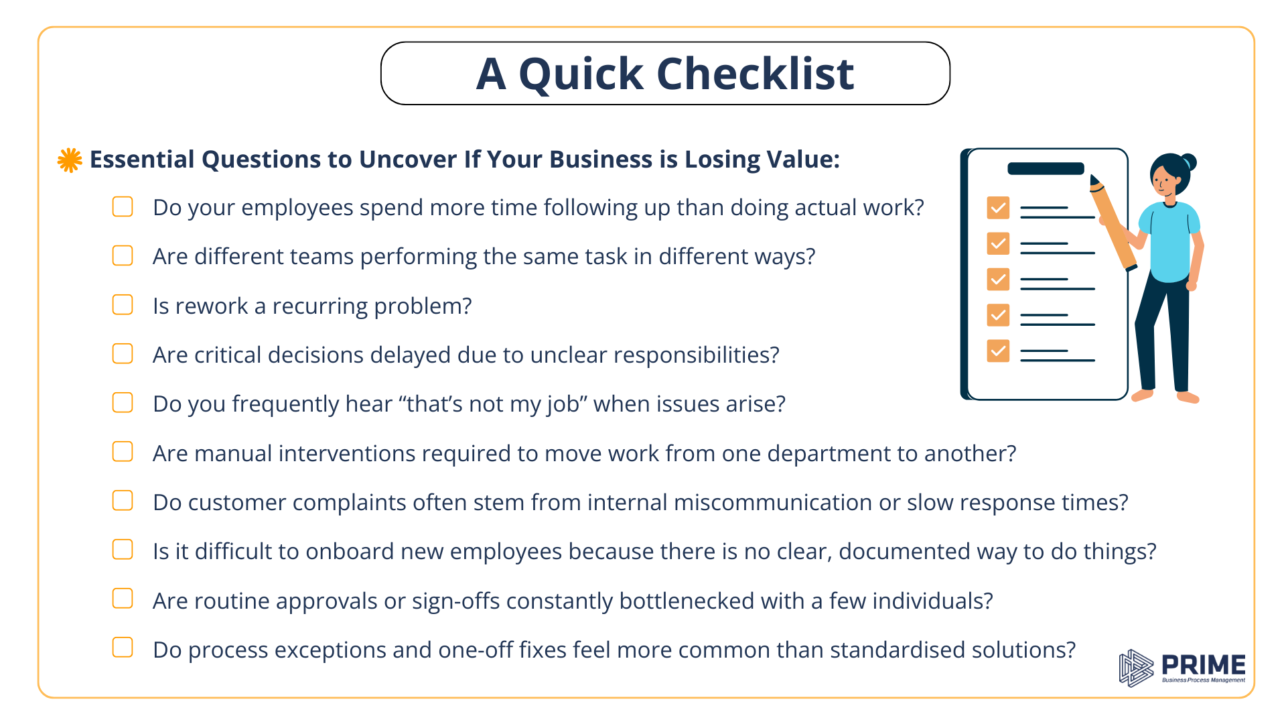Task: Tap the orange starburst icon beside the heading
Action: [70, 160]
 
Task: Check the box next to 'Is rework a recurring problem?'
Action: [123, 305]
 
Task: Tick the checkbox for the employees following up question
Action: [123, 206]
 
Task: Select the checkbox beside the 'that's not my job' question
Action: [123, 403]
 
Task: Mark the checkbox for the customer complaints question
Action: [123, 501]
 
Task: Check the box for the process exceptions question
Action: [123, 648]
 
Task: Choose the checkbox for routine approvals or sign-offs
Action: [123, 599]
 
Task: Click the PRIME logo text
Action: [1203, 665]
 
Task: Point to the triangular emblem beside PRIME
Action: [1136, 668]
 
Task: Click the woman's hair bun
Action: [1189, 162]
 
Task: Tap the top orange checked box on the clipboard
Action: [998, 208]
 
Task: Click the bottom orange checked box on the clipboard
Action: [998, 351]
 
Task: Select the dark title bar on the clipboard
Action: [1046, 169]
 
